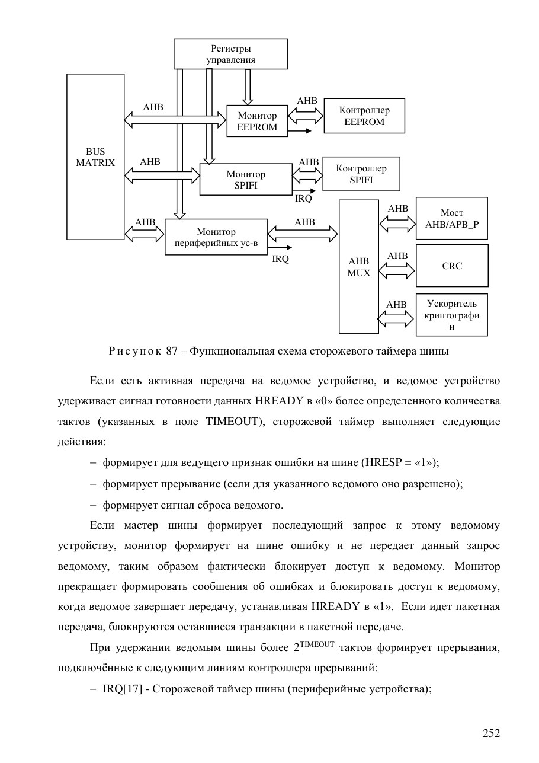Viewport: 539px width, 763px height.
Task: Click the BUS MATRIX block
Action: tap(95, 157)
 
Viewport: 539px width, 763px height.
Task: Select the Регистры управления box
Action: tap(231, 54)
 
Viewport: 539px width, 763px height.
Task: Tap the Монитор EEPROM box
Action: tap(257, 121)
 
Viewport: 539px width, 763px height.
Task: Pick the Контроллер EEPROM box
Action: tap(364, 116)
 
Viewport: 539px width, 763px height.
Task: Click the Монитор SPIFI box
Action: tap(246, 180)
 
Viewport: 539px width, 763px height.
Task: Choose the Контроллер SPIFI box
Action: tap(361, 174)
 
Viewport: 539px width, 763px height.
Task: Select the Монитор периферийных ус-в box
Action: tap(216, 237)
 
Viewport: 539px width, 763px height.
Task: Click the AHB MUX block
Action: tap(359, 267)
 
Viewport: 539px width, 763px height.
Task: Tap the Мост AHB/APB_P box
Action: tap(451, 218)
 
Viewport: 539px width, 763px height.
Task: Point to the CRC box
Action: tap(452, 266)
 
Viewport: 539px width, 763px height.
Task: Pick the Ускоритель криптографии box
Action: tap(451, 315)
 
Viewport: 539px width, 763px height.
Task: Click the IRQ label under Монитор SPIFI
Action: tap(303, 199)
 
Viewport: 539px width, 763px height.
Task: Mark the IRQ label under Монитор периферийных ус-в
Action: tap(280, 259)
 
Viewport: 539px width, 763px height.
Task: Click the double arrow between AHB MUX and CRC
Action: tap(397, 272)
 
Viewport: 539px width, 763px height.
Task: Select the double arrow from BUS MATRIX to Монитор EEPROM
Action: tap(175, 120)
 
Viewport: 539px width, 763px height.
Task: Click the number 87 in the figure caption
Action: tap(172, 351)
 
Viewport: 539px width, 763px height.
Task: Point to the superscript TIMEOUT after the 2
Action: tap(317, 644)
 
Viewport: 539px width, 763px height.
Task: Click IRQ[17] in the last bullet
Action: tap(123, 689)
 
